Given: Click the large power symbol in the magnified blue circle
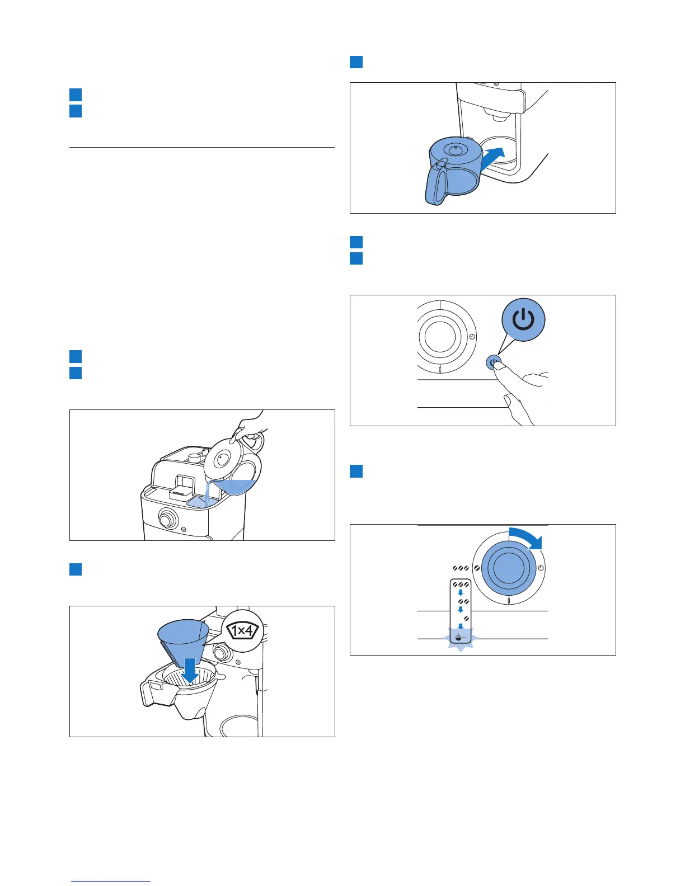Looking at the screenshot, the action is pos(523,319).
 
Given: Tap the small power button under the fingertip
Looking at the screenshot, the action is pos(493,362).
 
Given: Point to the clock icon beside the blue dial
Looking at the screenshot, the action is pos(541,568).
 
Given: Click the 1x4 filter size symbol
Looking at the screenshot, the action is pos(242,630).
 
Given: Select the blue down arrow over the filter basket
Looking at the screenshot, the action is pos(191,670).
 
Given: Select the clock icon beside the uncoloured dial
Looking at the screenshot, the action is pos(472,337).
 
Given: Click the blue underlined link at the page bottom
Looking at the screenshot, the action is pos(111,881).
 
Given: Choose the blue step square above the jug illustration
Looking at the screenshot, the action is pos(356,62).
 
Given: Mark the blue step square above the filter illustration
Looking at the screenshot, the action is pos(76,569).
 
